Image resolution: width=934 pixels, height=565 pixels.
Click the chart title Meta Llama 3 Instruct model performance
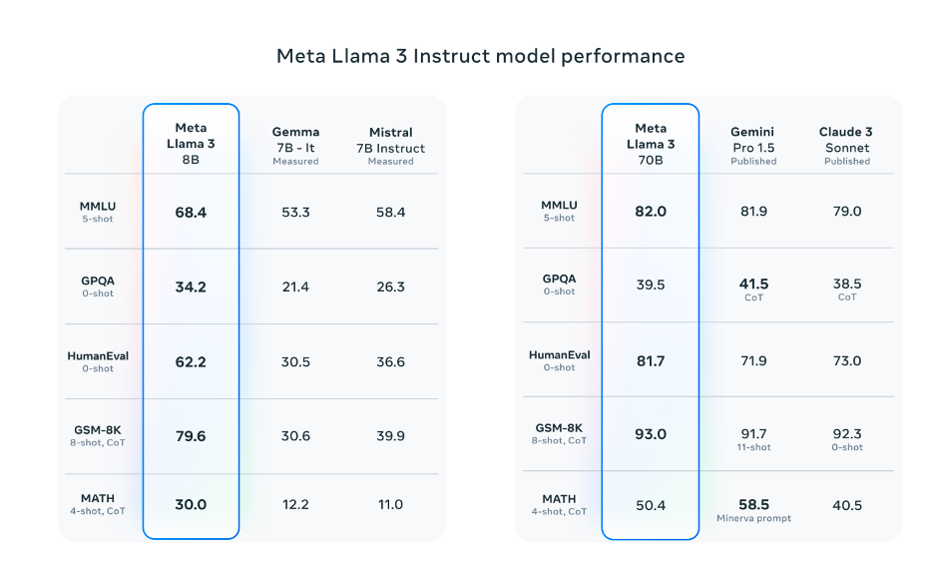(481, 56)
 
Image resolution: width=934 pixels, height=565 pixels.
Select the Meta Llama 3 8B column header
(191, 144)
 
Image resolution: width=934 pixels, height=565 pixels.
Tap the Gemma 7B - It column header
(295, 146)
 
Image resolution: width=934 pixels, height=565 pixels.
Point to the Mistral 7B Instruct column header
(391, 146)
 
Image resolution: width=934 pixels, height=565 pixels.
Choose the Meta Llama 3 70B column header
(651, 144)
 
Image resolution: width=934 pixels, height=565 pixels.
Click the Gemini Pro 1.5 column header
(753, 146)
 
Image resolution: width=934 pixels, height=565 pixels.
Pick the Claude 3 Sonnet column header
(846, 146)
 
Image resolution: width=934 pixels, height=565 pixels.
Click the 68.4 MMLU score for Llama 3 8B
(191, 213)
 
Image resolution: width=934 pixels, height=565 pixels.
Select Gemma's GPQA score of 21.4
(295, 286)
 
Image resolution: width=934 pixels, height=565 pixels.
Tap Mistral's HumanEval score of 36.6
(391, 361)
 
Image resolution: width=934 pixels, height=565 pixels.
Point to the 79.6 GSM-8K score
(191, 436)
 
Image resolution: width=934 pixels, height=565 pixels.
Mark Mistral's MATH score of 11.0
(391, 505)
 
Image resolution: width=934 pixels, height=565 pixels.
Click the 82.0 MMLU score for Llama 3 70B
(651, 211)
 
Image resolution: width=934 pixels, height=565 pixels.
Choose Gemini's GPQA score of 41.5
(753, 283)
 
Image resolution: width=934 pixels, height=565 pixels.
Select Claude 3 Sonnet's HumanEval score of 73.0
(847, 360)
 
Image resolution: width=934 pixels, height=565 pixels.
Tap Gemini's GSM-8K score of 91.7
(753, 434)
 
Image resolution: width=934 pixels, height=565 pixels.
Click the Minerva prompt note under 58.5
(753, 518)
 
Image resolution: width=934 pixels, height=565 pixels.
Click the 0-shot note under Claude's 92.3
(847, 447)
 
